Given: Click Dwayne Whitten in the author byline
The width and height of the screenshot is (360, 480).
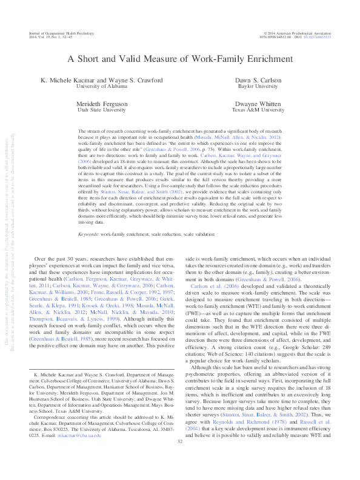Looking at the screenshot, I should click(x=258, y=104).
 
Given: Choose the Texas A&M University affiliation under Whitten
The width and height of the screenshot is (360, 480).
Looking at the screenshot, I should click(x=258, y=111).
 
